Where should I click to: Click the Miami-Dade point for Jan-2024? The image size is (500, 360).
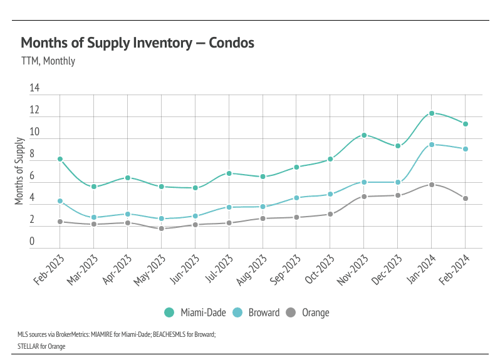432,113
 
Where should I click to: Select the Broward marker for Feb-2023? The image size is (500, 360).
60,201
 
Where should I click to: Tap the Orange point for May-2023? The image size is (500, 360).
162,229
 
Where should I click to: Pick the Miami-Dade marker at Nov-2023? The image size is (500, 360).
364,135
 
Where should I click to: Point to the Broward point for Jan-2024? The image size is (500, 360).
432,145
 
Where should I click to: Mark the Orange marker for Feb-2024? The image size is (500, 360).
466,198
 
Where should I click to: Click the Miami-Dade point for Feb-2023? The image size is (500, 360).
60,159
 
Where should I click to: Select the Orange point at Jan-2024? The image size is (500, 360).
432,185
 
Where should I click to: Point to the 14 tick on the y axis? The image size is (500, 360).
34,89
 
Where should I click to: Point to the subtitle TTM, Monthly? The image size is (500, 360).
48,61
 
